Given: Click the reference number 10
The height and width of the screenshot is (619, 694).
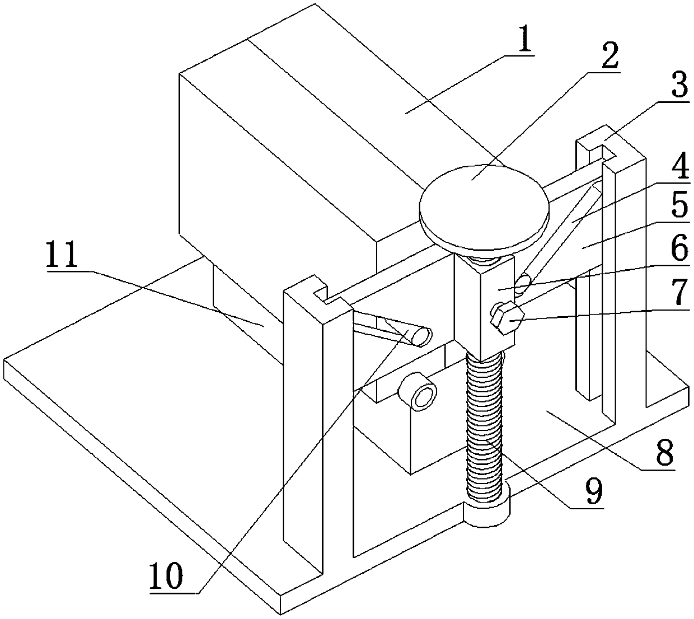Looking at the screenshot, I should coord(166,578).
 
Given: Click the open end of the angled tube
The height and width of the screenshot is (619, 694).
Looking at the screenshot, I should coord(420,336).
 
